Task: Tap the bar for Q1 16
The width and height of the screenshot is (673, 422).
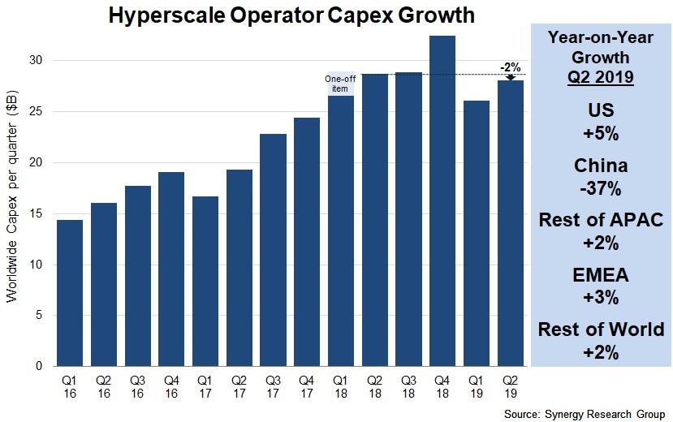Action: pos(69,293)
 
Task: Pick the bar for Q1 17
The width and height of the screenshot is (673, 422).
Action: pos(205,281)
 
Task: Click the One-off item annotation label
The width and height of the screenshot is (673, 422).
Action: pos(340,84)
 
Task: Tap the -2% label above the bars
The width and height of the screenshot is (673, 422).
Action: pos(510,67)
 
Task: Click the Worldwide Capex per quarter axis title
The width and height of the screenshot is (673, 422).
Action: pos(13,212)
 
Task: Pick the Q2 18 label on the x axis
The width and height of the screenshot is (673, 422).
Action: pos(374,385)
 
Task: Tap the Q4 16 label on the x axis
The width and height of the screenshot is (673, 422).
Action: pos(170,385)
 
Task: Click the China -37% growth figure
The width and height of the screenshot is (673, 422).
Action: pos(601,177)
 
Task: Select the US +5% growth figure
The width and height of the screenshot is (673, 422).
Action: pos(601,123)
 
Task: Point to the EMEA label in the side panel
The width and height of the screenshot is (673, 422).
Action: pos(601,276)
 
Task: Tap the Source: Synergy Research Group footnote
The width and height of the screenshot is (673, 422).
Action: pos(585,414)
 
